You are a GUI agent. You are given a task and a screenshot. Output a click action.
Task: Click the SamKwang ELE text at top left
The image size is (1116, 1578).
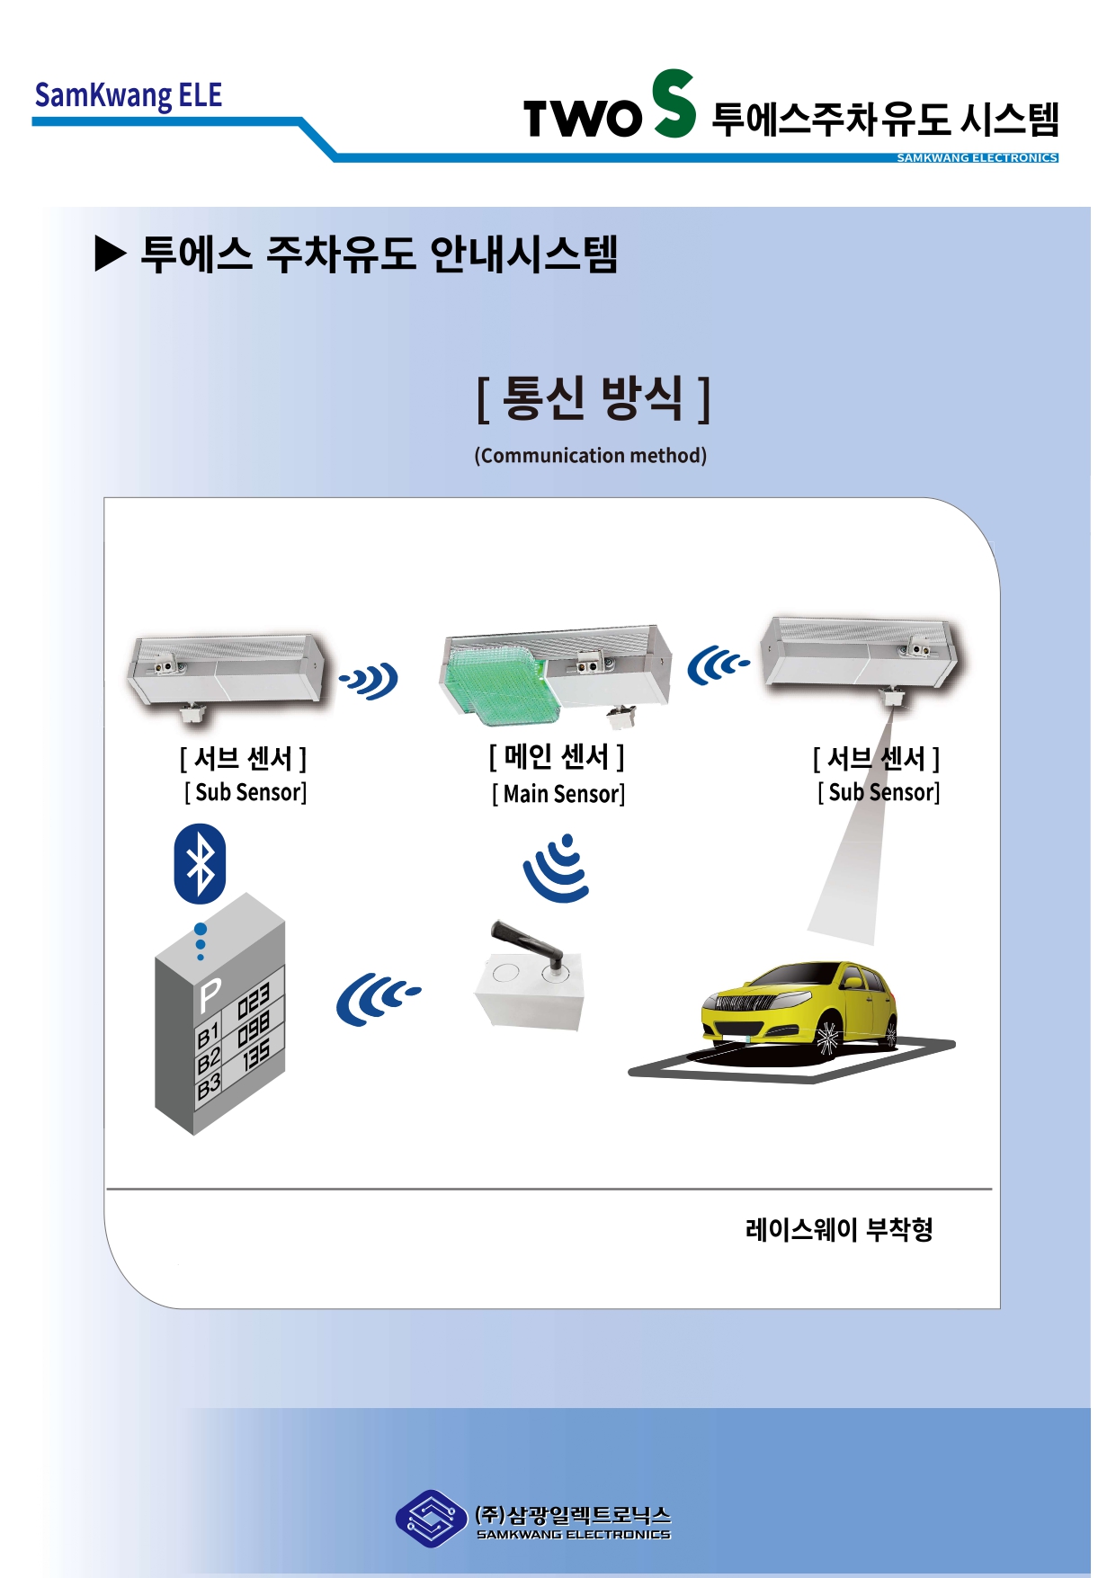pos(128,95)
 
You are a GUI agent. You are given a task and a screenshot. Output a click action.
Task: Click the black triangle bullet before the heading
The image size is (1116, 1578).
pos(110,254)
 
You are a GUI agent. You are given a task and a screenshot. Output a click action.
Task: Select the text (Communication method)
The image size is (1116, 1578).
pos(590,456)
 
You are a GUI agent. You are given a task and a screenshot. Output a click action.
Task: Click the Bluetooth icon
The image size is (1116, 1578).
pos(200,864)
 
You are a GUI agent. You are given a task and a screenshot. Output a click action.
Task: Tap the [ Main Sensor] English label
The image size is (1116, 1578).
pos(558,794)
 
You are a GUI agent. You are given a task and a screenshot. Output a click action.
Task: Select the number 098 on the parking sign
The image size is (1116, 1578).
pos(254,1029)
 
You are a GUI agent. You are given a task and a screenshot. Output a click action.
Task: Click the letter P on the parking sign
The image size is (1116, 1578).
pos(210,995)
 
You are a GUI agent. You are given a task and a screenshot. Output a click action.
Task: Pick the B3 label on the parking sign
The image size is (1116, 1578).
pos(209,1086)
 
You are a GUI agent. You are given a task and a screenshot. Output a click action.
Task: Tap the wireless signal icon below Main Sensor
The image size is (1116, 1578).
pos(558,869)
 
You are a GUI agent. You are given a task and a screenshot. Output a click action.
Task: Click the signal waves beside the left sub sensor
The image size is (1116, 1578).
pos(370,681)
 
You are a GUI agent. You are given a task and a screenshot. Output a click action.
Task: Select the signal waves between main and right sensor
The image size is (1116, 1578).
pos(717,666)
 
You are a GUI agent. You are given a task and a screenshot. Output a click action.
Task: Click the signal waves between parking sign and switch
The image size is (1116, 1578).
pos(377,998)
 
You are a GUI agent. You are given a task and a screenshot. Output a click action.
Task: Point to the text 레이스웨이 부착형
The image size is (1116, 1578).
pos(838,1229)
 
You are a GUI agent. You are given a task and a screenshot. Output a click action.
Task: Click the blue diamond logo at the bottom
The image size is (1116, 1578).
pos(431,1519)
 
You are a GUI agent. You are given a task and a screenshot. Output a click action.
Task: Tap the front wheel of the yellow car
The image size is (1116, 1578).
pos(828,1038)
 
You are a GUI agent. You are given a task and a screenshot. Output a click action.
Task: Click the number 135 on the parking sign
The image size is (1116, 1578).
pos(255,1056)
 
